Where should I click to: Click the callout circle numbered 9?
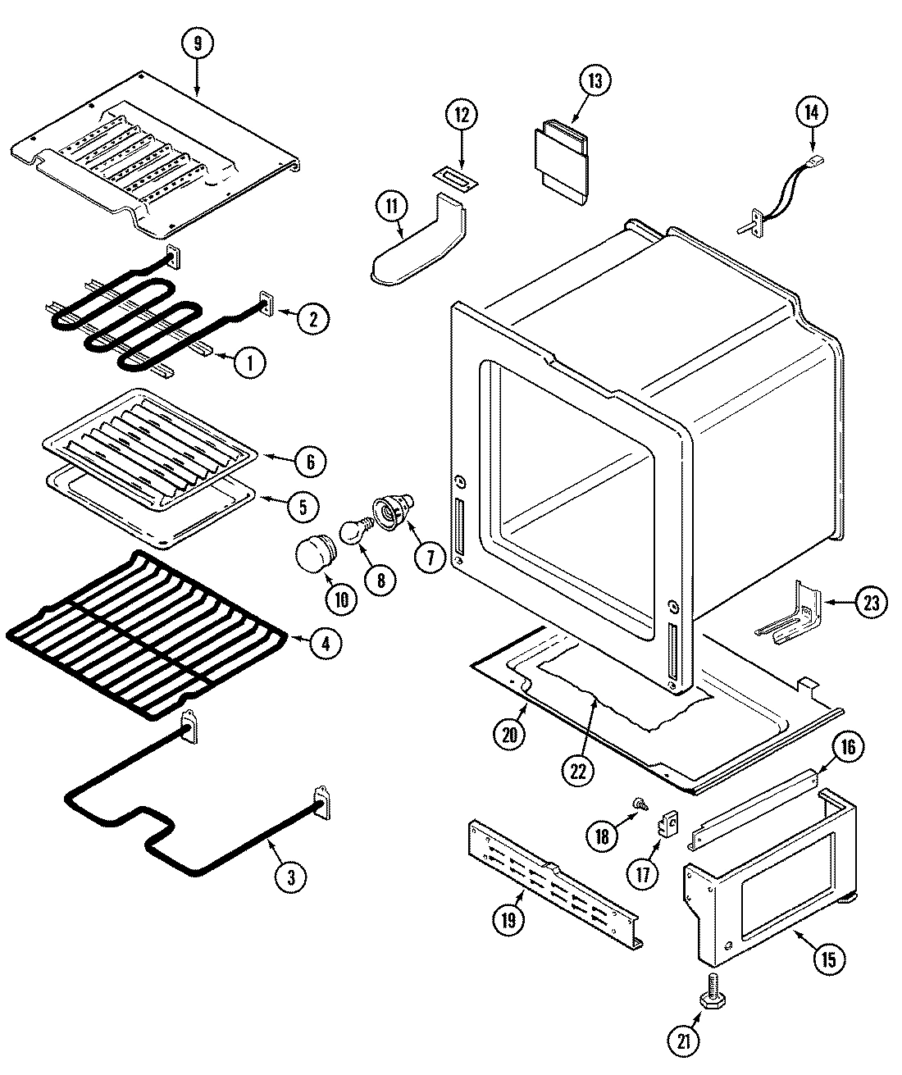pyautogui.click(x=196, y=44)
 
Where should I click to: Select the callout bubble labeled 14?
pyautogui.click(x=811, y=112)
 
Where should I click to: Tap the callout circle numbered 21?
pyautogui.click(x=686, y=1041)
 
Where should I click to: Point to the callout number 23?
pyautogui.click(x=871, y=603)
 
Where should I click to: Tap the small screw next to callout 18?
pyautogui.click(x=635, y=804)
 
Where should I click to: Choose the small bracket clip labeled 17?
pyautogui.click(x=671, y=822)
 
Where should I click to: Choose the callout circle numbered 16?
pyautogui.click(x=848, y=747)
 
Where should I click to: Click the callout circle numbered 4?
pyautogui.click(x=326, y=643)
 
